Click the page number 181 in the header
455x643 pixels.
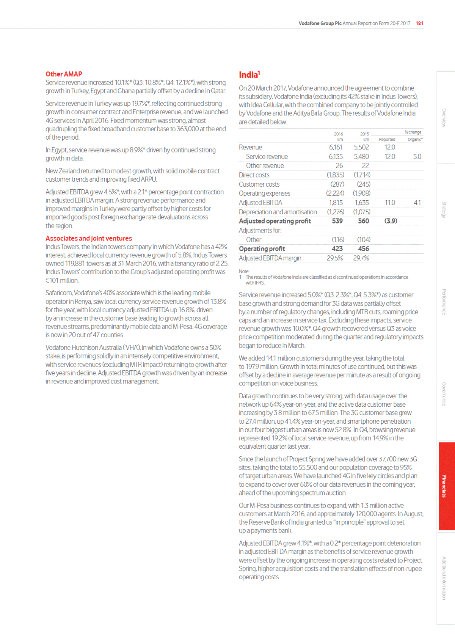pyautogui.click(x=419, y=23)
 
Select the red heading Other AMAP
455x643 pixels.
pyautogui.click(x=64, y=74)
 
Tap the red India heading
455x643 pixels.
pyautogui.click(x=249, y=75)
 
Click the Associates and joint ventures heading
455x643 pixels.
pyautogui.click(x=89, y=238)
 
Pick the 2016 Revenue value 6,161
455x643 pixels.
pyautogui.click(x=336, y=147)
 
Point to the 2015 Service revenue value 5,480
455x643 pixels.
pyautogui.click(x=361, y=157)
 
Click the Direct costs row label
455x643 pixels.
pyautogui.click(x=254, y=175)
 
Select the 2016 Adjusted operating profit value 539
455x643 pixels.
pyautogui.click(x=337, y=221)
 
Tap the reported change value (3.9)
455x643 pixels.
pyautogui.click(x=391, y=221)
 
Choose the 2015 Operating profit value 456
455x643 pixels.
pyautogui.click(x=363, y=249)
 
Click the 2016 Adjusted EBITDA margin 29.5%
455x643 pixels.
pyautogui.click(x=335, y=258)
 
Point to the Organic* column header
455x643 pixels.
pyautogui.click(x=415, y=140)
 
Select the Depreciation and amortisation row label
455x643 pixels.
pyautogui.click(x=278, y=212)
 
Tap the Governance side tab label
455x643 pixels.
pyautogui.click(x=444, y=394)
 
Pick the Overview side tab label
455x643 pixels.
pyautogui.click(x=444, y=118)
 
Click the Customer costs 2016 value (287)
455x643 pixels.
pyautogui.click(x=337, y=184)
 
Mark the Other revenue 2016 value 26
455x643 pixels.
pyautogui.click(x=339, y=166)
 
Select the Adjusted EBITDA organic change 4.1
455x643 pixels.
pyautogui.click(x=417, y=203)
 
